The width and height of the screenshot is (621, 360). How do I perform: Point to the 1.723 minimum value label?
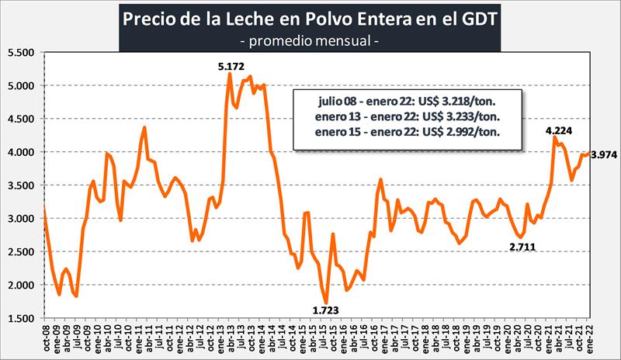click(327, 311)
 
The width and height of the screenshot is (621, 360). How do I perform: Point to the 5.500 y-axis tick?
click(23, 53)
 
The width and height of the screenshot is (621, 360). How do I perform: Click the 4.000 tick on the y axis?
click(23, 152)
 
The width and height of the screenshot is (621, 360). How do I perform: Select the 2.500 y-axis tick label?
click(23, 252)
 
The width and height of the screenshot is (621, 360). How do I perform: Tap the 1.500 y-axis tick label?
click(23, 319)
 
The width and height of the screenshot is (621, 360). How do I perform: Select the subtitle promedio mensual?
click(310, 39)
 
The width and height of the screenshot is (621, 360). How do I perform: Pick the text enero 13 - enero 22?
click(359, 117)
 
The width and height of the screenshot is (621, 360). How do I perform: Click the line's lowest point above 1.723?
click(327, 302)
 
